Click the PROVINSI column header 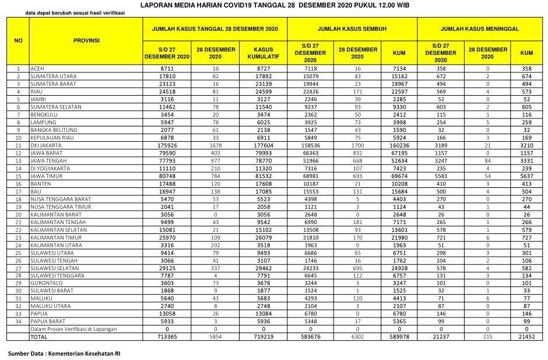click(86, 40)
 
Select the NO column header click(18, 40)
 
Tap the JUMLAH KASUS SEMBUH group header click(353, 28)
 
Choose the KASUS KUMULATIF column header click(263, 53)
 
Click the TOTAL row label click(39, 338)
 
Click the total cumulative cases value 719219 click(263, 338)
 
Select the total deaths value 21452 click(526, 338)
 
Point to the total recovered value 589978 click(399, 338)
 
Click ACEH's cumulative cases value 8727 click(263, 68)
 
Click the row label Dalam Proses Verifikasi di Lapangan click(73, 330)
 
